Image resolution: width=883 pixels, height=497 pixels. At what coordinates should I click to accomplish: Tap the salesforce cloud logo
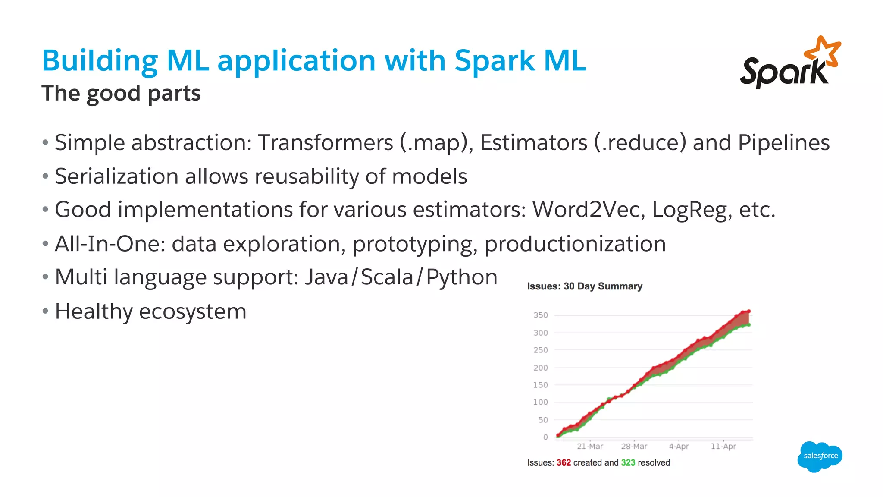point(820,456)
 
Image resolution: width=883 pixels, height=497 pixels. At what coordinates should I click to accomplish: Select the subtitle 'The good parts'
point(121,93)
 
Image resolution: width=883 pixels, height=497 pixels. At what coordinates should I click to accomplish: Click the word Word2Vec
point(588,210)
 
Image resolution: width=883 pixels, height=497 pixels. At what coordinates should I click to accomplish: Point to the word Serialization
point(116,176)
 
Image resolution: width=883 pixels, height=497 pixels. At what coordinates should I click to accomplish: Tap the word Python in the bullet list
point(461,277)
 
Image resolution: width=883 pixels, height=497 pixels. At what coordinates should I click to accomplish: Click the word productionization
point(575,244)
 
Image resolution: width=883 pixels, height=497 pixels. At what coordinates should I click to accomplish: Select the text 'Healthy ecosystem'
point(150,311)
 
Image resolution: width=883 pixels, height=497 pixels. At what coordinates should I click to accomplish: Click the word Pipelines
point(783,143)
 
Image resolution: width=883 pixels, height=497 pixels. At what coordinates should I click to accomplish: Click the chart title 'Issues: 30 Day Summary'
point(585,286)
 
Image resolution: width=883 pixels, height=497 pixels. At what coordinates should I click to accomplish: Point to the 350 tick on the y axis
point(541,315)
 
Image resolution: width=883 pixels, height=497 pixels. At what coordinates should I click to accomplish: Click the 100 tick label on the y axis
point(541,403)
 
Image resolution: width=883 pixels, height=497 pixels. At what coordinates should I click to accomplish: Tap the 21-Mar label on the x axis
point(590,447)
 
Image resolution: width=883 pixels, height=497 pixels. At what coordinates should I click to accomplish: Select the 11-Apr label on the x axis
point(723,447)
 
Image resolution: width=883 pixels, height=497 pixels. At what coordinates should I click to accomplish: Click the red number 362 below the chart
point(564,463)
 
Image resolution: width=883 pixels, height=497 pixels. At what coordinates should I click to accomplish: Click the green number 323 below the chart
point(628,463)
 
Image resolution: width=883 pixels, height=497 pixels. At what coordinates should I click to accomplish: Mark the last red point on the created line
point(749,311)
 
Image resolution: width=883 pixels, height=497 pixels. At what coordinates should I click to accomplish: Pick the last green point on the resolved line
point(749,325)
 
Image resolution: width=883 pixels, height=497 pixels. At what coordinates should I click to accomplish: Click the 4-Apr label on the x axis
point(679,447)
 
